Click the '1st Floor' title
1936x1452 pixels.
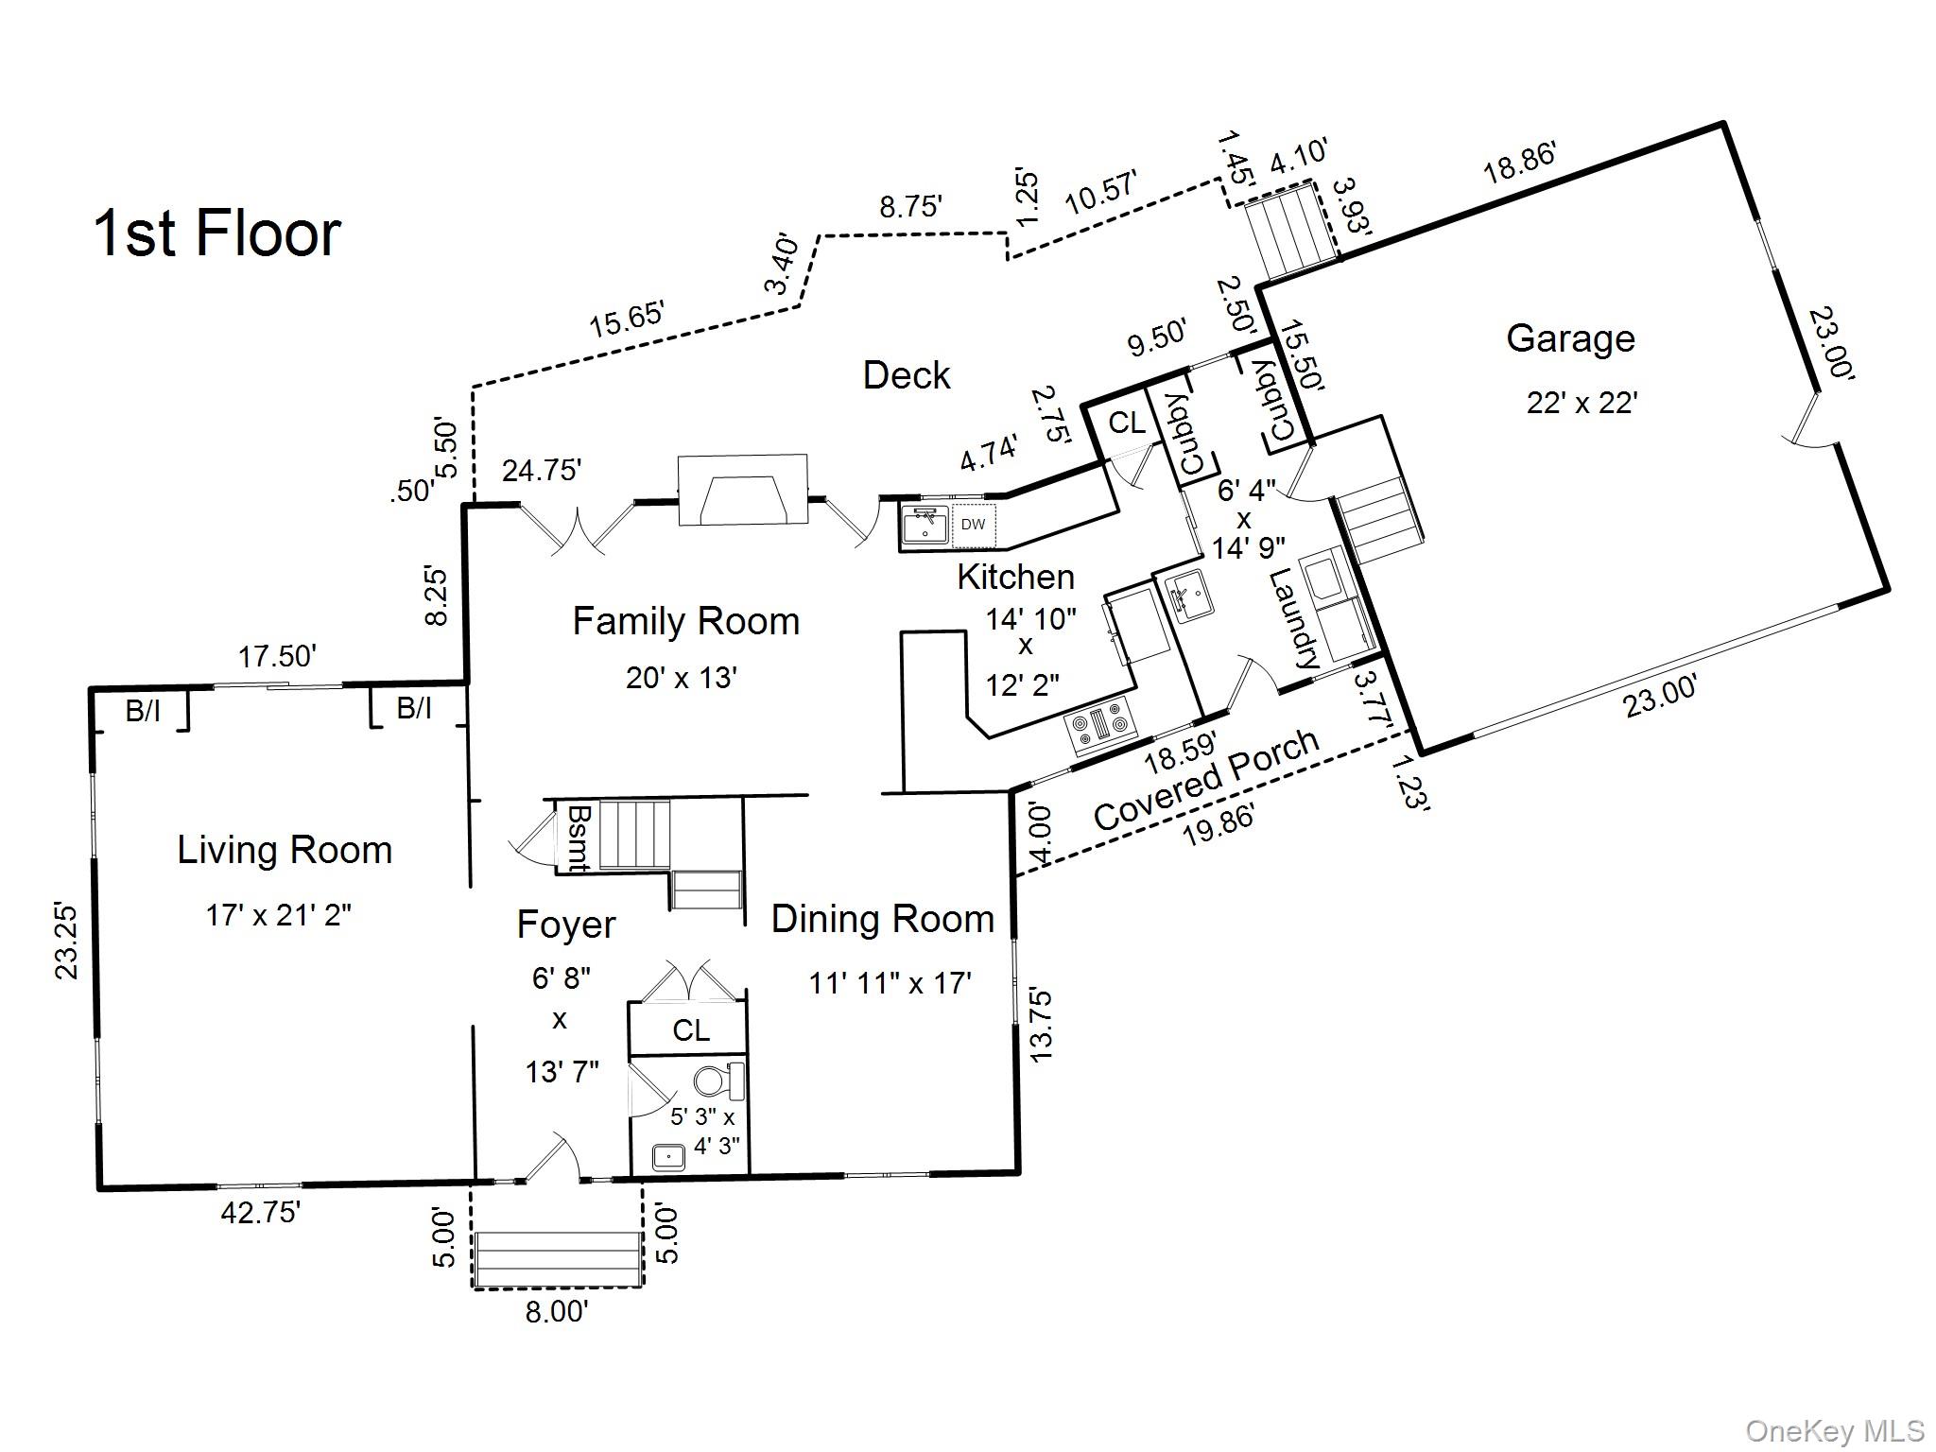pyautogui.click(x=216, y=233)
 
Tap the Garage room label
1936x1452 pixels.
pyautogui.click(x=1570, y=338)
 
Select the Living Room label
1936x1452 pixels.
pyautogui.click(x=285, y=850)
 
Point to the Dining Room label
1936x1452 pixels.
pyautogui.click(x=883, y=919)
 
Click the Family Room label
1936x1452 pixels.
pyautogui.click(x=686, y=621)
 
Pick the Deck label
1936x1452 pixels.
pyautogui.click(x=907, y=375)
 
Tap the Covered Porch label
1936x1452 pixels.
pyautogui.click(x=1206, y=780)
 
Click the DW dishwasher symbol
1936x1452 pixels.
pyautogui.click(x=974, y=525)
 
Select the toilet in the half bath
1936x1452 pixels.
pyautogui.click(x=718, y=1080)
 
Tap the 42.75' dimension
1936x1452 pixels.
pyautogui.click(x=261, y=1212)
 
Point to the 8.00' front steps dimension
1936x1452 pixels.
pyautogui.click(x=557, y=1312)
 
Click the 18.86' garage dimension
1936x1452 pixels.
pyautogui.click(x=1519, y=163)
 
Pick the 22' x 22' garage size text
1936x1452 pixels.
pyautogui.click(x=1582, y=404)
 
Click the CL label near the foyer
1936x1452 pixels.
pyautogui.click(x=691, y=1030)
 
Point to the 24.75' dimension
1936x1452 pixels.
pyautogui.click(x=541, y=470)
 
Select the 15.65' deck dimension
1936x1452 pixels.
pyautogui.click(x=628, y=318)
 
